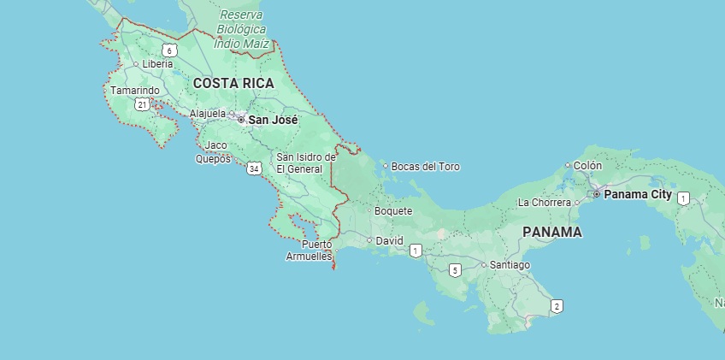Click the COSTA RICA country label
233,83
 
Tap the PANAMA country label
551,232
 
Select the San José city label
273,121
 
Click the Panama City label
638,194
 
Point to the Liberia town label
157,64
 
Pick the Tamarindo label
134,90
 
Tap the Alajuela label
208,113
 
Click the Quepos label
213,158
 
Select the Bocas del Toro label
425,166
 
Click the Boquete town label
393,210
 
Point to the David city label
389,240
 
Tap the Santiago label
510,265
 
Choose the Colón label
587,166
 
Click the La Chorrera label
544,203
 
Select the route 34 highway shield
254,169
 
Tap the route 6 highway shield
170,50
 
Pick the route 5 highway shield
455,270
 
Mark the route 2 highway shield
557,306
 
